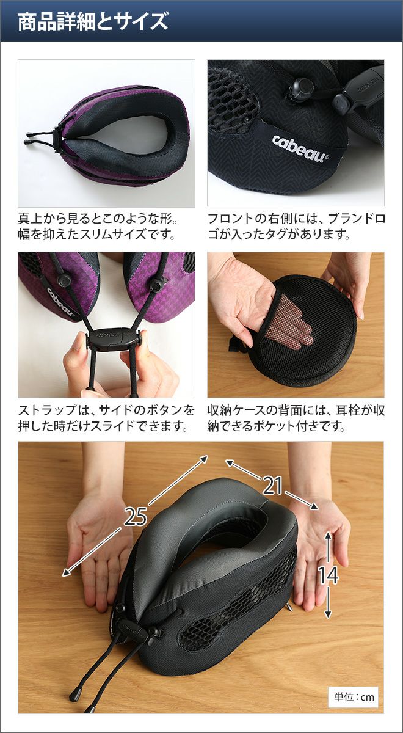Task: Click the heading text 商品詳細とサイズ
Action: point(93,21)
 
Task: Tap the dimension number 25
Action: point(136,516)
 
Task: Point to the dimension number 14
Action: point(329,575)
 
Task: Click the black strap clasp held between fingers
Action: point(113,340)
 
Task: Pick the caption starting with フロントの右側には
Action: point(296,226)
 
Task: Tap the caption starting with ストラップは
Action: point(106,418)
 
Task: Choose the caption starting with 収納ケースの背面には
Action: point(296,418)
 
